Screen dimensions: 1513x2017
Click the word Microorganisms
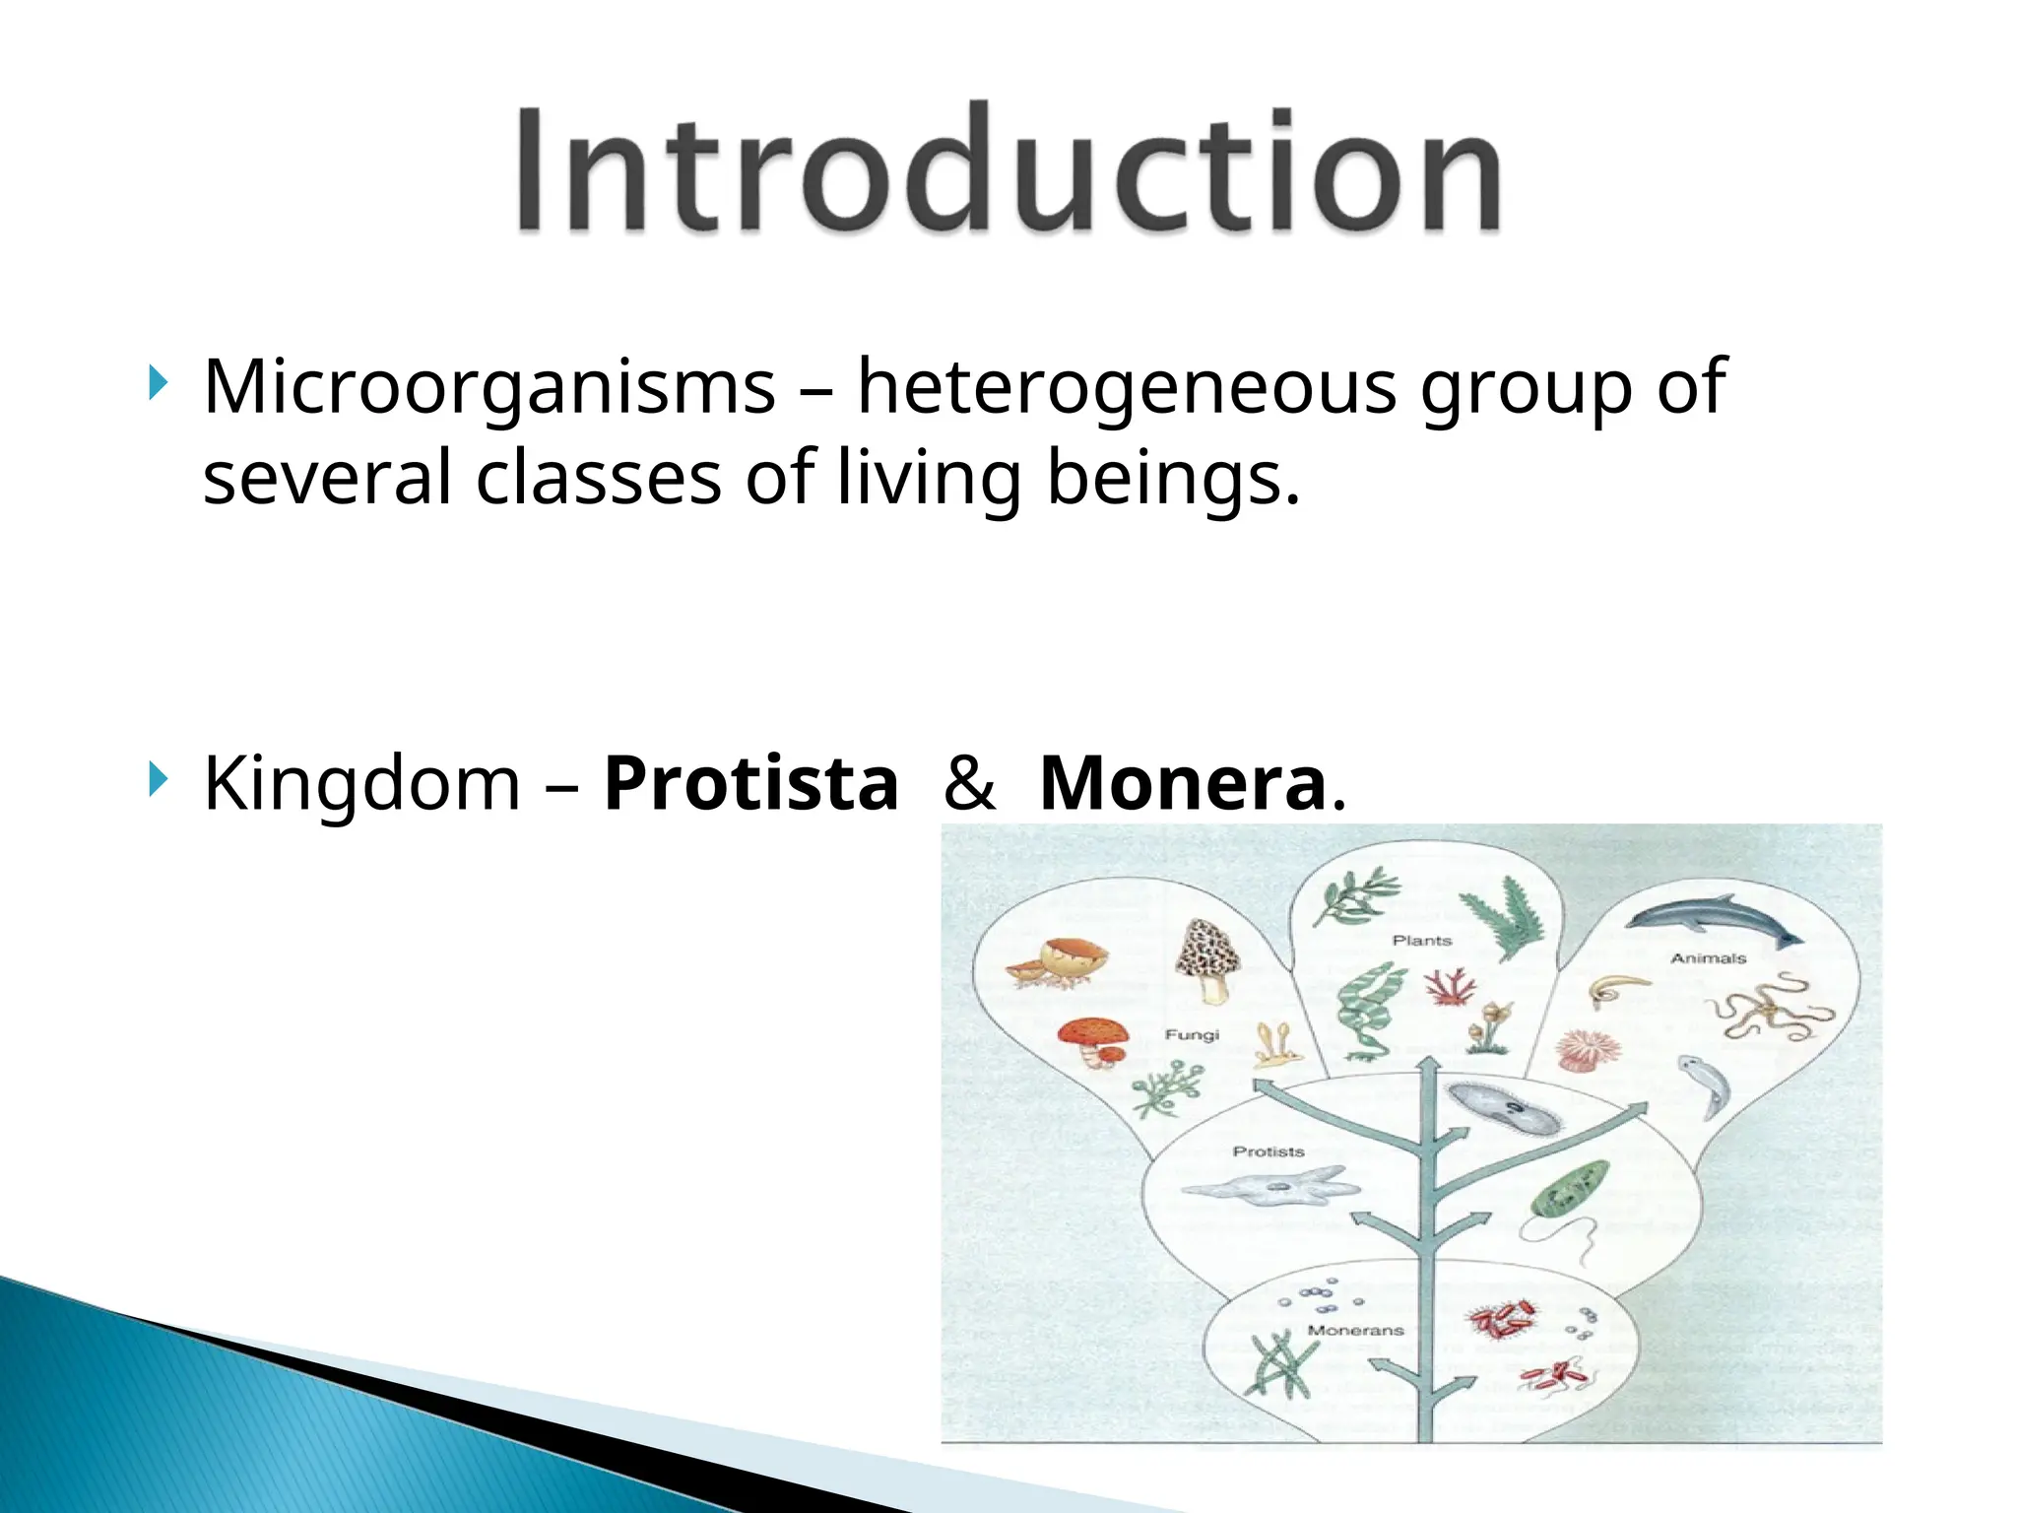click(489, 387)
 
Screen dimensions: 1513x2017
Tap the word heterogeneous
click(1127, 387)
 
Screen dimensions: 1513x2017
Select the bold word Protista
click(750, 784)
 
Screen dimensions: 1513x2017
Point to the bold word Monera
click(1183, 784)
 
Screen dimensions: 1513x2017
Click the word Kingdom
click(361, 784)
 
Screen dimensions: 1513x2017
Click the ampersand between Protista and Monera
click(969, 784)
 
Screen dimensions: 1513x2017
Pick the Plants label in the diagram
click(1421, 941)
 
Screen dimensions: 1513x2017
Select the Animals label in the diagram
click(1708, 957)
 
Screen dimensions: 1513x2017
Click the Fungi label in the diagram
click(1192, 1034)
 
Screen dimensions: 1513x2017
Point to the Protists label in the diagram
click(1268, 1151)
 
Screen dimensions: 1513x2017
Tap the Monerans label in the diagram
click(1355, 1330)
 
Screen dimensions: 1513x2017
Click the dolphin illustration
click(1712, 919)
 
